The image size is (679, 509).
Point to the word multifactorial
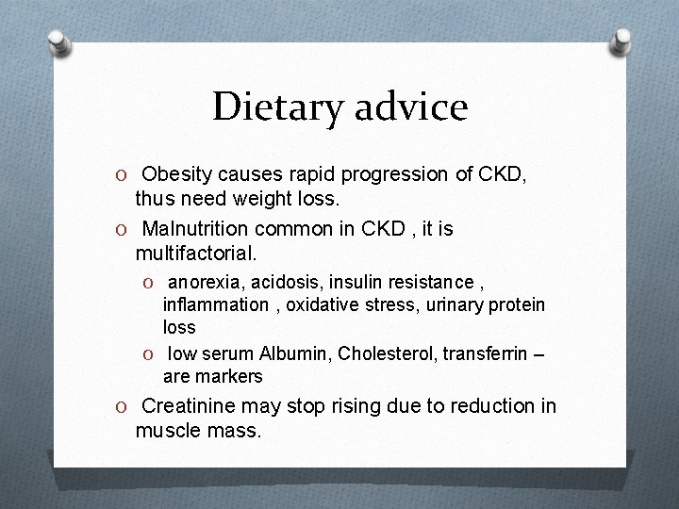click(195, 253)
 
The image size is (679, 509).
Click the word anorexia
click(206, 282)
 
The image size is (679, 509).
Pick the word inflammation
click(215, 304)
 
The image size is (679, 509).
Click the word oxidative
click(322, 304)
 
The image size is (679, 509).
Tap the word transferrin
click(488, 354)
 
